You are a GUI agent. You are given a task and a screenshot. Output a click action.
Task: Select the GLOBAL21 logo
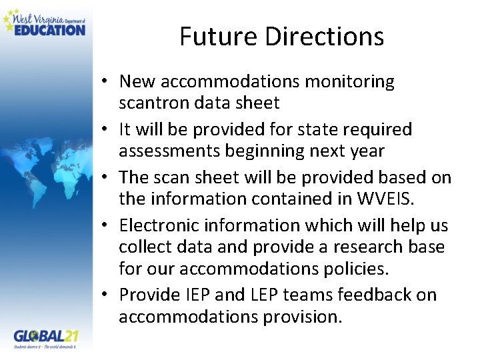pos(46,336)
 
